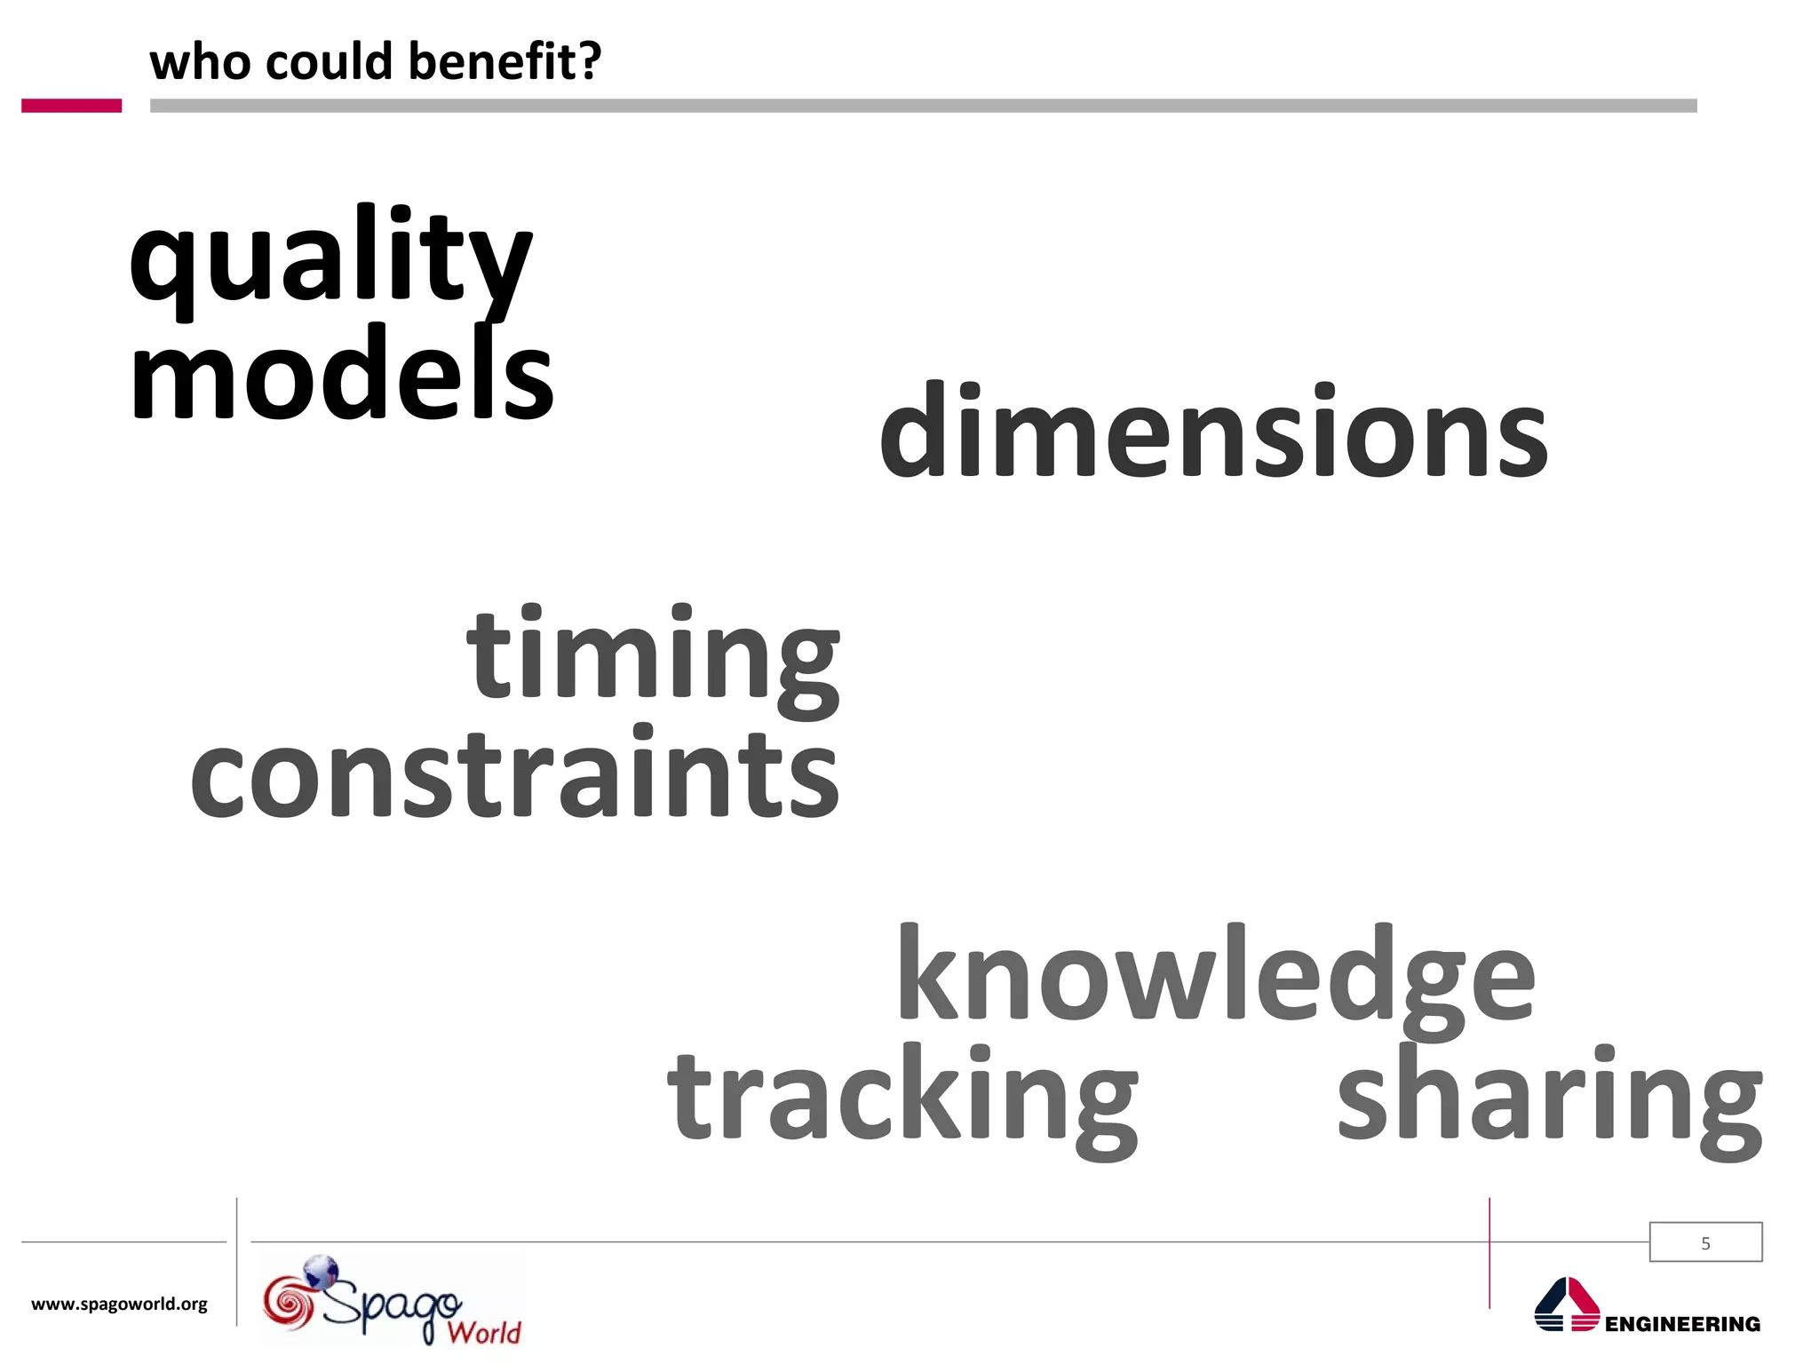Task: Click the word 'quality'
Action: [330, 259]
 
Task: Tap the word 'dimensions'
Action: [1213, 432]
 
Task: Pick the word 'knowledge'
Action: [1215, 977]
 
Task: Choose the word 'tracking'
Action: [902, 1097]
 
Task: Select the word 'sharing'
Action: [1549, 1097]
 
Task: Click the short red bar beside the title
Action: [71, 106]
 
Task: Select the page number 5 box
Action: [1705, 1242]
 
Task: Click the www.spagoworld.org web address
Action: [119, 1304]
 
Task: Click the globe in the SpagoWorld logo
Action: [322, 1271]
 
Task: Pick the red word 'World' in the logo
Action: [484, 1332]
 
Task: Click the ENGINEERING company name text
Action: [1682, 1324]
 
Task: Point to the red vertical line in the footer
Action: [1489, 1252]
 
